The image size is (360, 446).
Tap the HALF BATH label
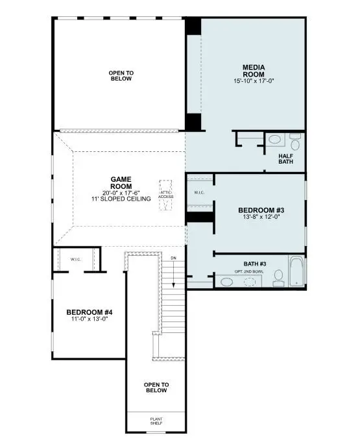pos(285,158)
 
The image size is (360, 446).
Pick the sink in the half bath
pos(274,139)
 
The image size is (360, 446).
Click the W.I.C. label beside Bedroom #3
pos(199,193)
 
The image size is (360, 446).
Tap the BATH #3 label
pos(255,264)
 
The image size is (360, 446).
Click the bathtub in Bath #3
pos(296,272)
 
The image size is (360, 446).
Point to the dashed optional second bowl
pos(250,282)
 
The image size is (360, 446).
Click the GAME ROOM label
pos(121,182)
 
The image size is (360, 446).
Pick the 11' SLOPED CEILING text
pos(121,199)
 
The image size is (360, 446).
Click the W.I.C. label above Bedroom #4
pos(77,259)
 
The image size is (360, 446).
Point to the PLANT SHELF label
pos(156,421)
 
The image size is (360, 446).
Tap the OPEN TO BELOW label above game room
pos(120,75)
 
